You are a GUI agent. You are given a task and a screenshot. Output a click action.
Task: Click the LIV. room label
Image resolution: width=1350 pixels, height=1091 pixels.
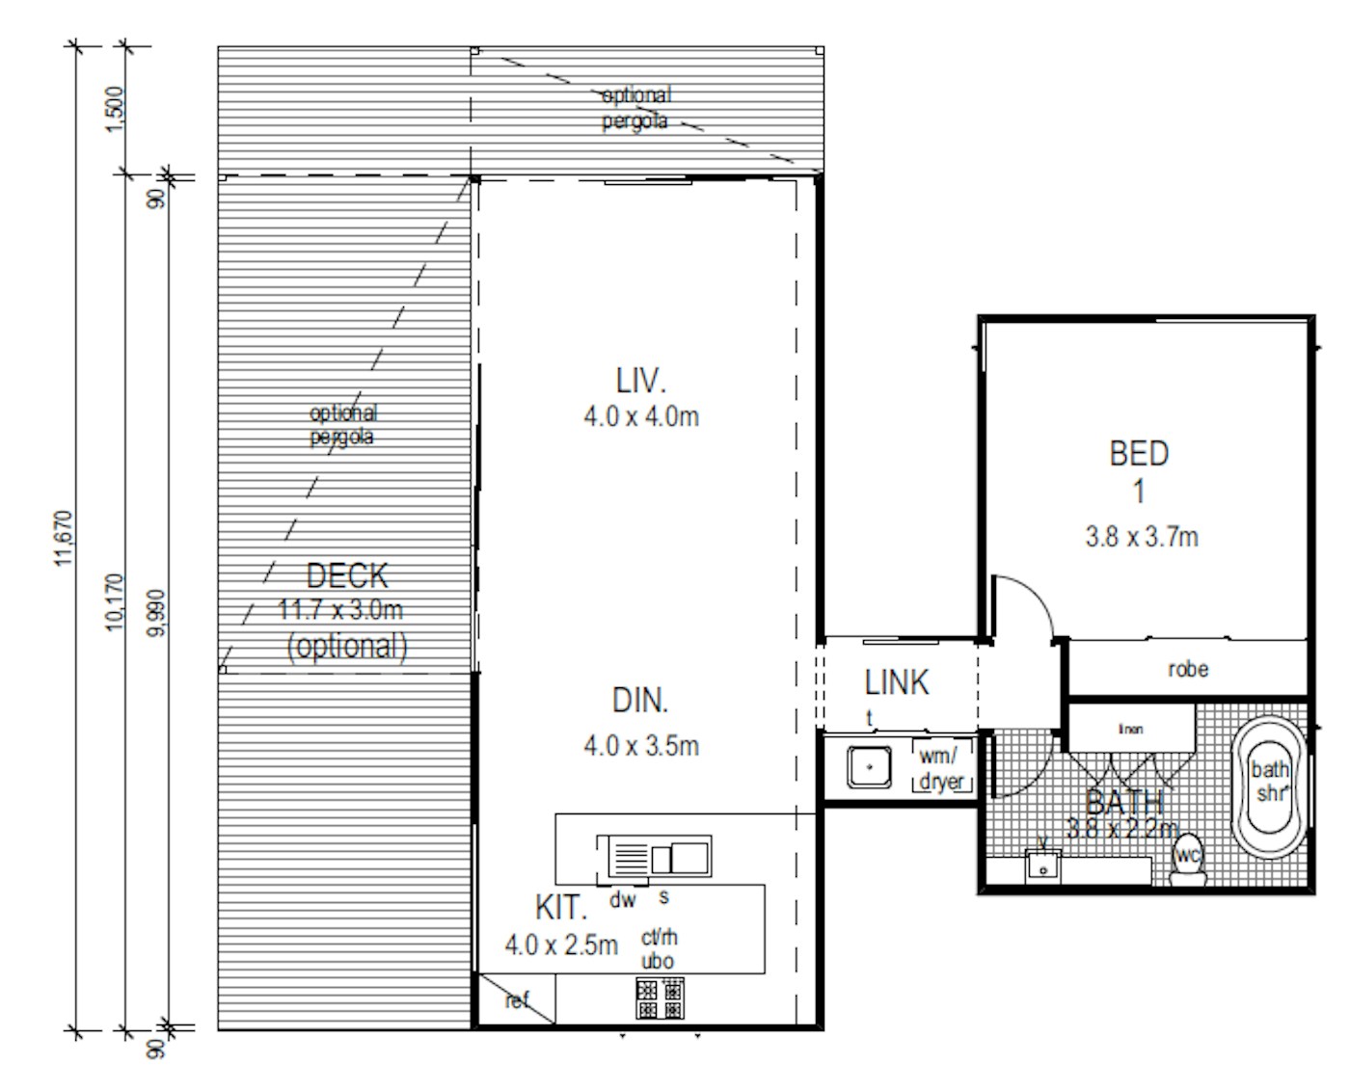tap(641, 381)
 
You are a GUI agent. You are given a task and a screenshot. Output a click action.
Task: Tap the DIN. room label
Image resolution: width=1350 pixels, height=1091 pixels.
tap(640, 701)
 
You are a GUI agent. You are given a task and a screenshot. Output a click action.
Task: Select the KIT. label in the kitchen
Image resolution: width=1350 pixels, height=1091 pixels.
tap(560, 908)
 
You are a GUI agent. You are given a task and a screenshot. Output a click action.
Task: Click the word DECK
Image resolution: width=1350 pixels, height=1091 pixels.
tap(346, 576)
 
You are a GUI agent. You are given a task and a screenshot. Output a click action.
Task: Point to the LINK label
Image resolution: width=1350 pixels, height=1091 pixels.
tap(897, 682)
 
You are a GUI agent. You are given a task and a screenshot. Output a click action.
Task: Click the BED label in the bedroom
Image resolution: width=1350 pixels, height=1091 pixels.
tap(1139, 453)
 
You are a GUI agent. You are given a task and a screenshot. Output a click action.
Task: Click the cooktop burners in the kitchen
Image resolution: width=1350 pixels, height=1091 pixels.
tap(661, 998)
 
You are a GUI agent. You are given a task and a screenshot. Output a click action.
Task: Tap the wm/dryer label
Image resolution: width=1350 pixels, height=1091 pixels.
tap(941, 768)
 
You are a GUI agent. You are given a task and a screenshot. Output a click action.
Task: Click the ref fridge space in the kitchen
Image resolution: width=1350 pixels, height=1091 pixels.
tap(518, 1000)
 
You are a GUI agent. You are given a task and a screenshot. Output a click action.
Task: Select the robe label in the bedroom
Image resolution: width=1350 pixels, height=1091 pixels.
tap(1188, 669)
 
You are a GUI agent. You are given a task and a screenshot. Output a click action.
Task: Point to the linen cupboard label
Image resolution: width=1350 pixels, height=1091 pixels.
tap(1130, 730)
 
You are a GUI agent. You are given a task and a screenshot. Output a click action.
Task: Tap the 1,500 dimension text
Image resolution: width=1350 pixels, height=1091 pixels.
tap(113, 110)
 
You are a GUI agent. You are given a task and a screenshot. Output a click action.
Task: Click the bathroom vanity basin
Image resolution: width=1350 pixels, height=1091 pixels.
tap(1042, 866)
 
